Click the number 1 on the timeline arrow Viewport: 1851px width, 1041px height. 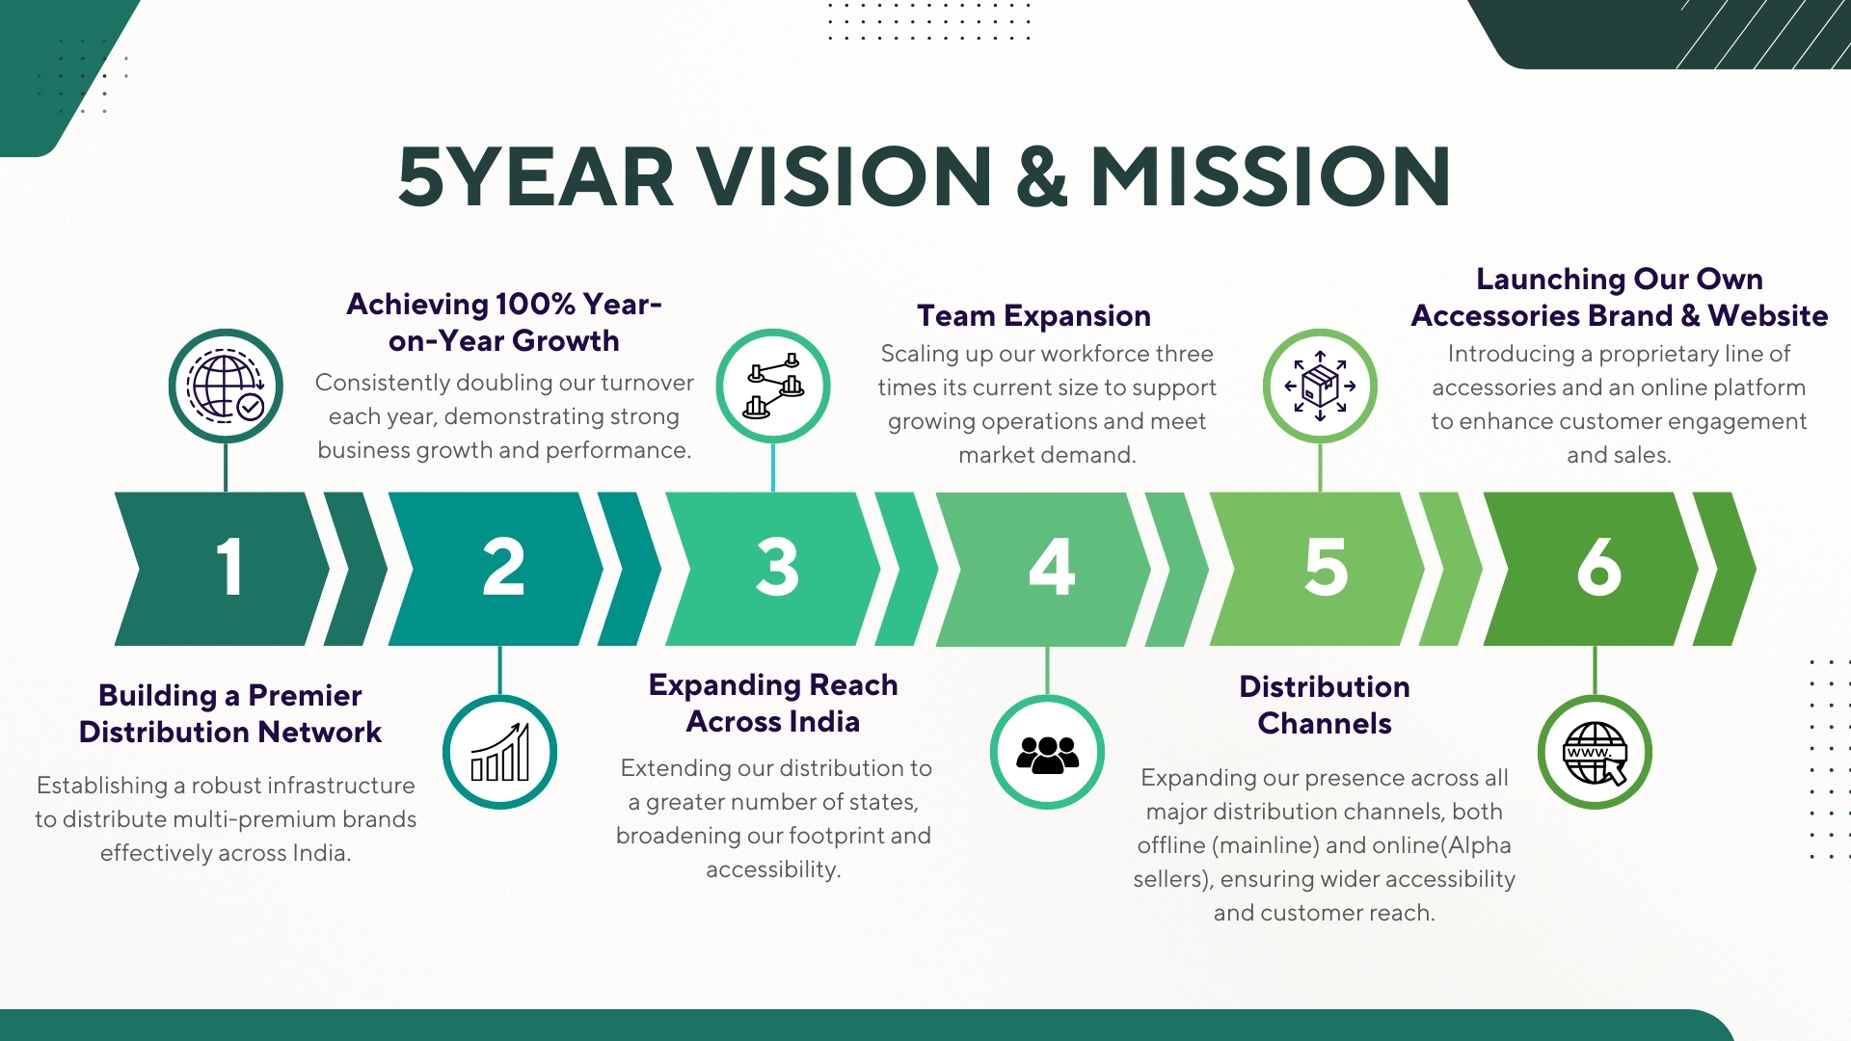pyautogui.click(x=228, y=567)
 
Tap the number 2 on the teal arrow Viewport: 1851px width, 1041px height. pyautogui.click(x=503, y=567)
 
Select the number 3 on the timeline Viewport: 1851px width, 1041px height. pyautogui.click(x=777, y=567)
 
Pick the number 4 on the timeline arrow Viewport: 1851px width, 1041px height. pyautogui.click(x=1052, y=567)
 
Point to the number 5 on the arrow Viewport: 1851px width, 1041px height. pyautogui.click(x=1326, y=567)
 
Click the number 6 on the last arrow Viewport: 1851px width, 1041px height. pyautogui.click(x=1599, y=567)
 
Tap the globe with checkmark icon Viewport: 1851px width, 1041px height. pyautogui.click(x=226, y=387)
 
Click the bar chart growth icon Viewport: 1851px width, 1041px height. pyautogui.click(x=500, y=752)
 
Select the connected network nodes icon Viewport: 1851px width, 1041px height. pyautogui.click(x=773, y=386)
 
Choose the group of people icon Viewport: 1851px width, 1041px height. pyautogui.click(x=1047, y=754)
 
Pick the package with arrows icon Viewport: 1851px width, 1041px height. pyautogui.click(x=1321, y=386)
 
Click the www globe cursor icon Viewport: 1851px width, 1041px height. pyautogui.click(x=1596, y=753)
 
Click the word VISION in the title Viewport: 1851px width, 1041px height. pyautogui.click(x=845, y=176)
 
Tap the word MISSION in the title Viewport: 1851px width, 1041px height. pyautogui.click(x=1271, y=176)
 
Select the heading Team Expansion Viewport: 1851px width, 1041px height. pyautogui.click(x=1033, y=315)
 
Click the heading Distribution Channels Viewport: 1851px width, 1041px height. pyautogui.click(x=1325, y=705)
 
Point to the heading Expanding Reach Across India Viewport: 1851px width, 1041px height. pyautogui.click(x=773, y=703)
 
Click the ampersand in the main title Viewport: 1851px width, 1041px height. pyautogui.click(x=1042, y=176)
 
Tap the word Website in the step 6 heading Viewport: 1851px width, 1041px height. pyautogui.click(x=1768, y=315)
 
